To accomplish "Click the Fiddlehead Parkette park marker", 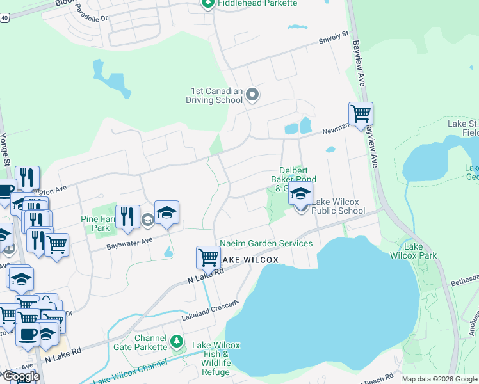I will pyautogui.click(x=207, y=4).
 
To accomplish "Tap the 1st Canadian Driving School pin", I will pyautogui.click(x=252, y=95).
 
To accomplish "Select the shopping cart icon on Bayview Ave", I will pyautogui.click(x=361, y=113).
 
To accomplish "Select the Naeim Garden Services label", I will pyautogui.click(x=266, y=243).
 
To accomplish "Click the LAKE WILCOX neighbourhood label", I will pyautogui.click(x=250, y=260).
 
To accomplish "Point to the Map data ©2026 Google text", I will pyautogui.click(x=439, y=379).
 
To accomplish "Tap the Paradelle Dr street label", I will pyautogui.click(x=89, y=18).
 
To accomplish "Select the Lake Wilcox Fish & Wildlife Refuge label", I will pyautogui.click(x=217, y=354).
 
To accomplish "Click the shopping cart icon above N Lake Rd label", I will pyautogui.click(x=208, y=257).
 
